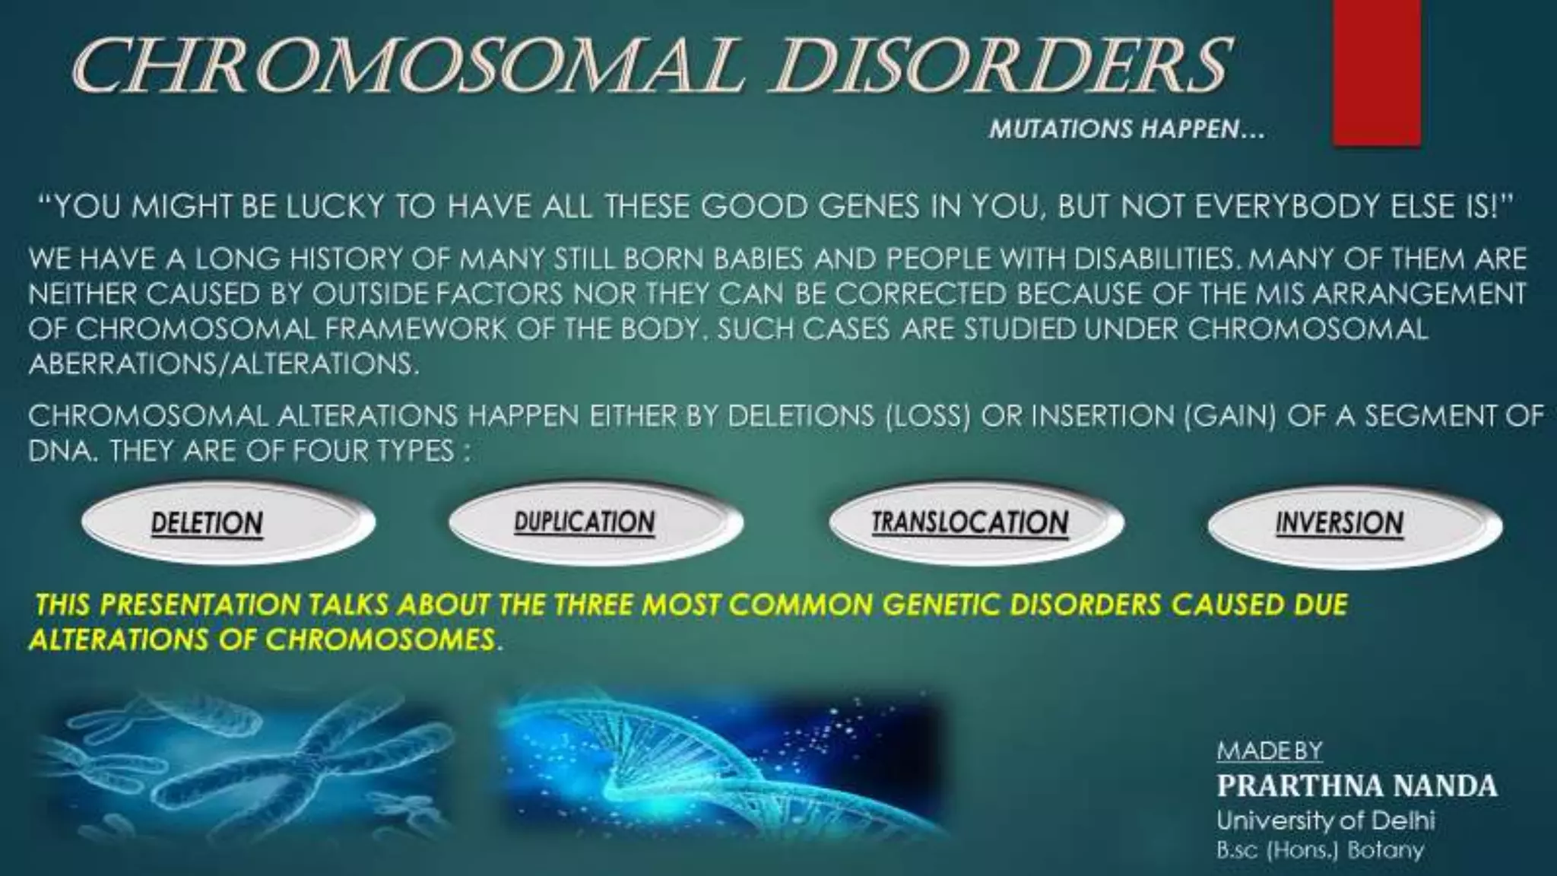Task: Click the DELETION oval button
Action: (227, 523)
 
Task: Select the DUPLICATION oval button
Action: (595, 522)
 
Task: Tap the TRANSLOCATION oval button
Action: (975, 523)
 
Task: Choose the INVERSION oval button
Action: (1353, 523)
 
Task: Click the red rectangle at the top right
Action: (1376, 73)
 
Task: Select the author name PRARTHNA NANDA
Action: (1357, 786)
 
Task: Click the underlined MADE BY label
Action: (1269, 751)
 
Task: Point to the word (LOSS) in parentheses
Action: (928, 417)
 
